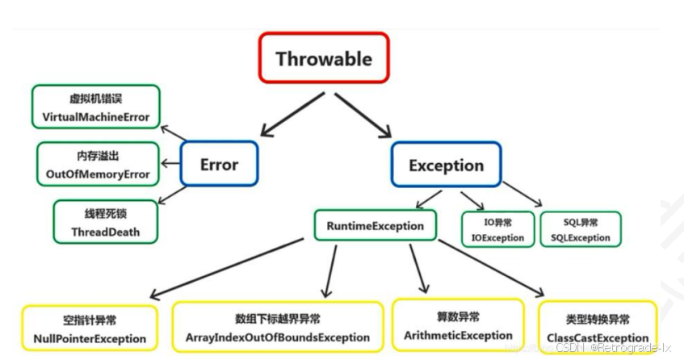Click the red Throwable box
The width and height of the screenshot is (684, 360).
pyautogui.click(x=323, y=58)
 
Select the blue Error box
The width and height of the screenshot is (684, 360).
pyautogui.click(x=219, y=164)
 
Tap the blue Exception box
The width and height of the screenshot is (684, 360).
pyautogui.click(x=446, y=165)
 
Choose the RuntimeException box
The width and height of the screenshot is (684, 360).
pyautogui.click(x=376, y=225)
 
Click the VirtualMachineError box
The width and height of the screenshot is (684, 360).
pyautogui.click(x=96, y=108)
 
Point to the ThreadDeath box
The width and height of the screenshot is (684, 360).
pyautogui.click(x=105, y=222)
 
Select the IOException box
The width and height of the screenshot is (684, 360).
pyautogui.click(x=497, y=229)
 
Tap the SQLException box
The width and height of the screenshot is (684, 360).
pyautogui.click(x=581, y=229)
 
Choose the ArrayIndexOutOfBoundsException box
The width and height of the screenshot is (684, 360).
pyautogui.click(x=278, y=327)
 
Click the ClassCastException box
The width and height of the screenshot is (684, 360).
pyautogui.click(x=597, y=329)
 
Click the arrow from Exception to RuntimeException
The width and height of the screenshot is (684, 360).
pyautogui.click(x=428, y=198)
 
